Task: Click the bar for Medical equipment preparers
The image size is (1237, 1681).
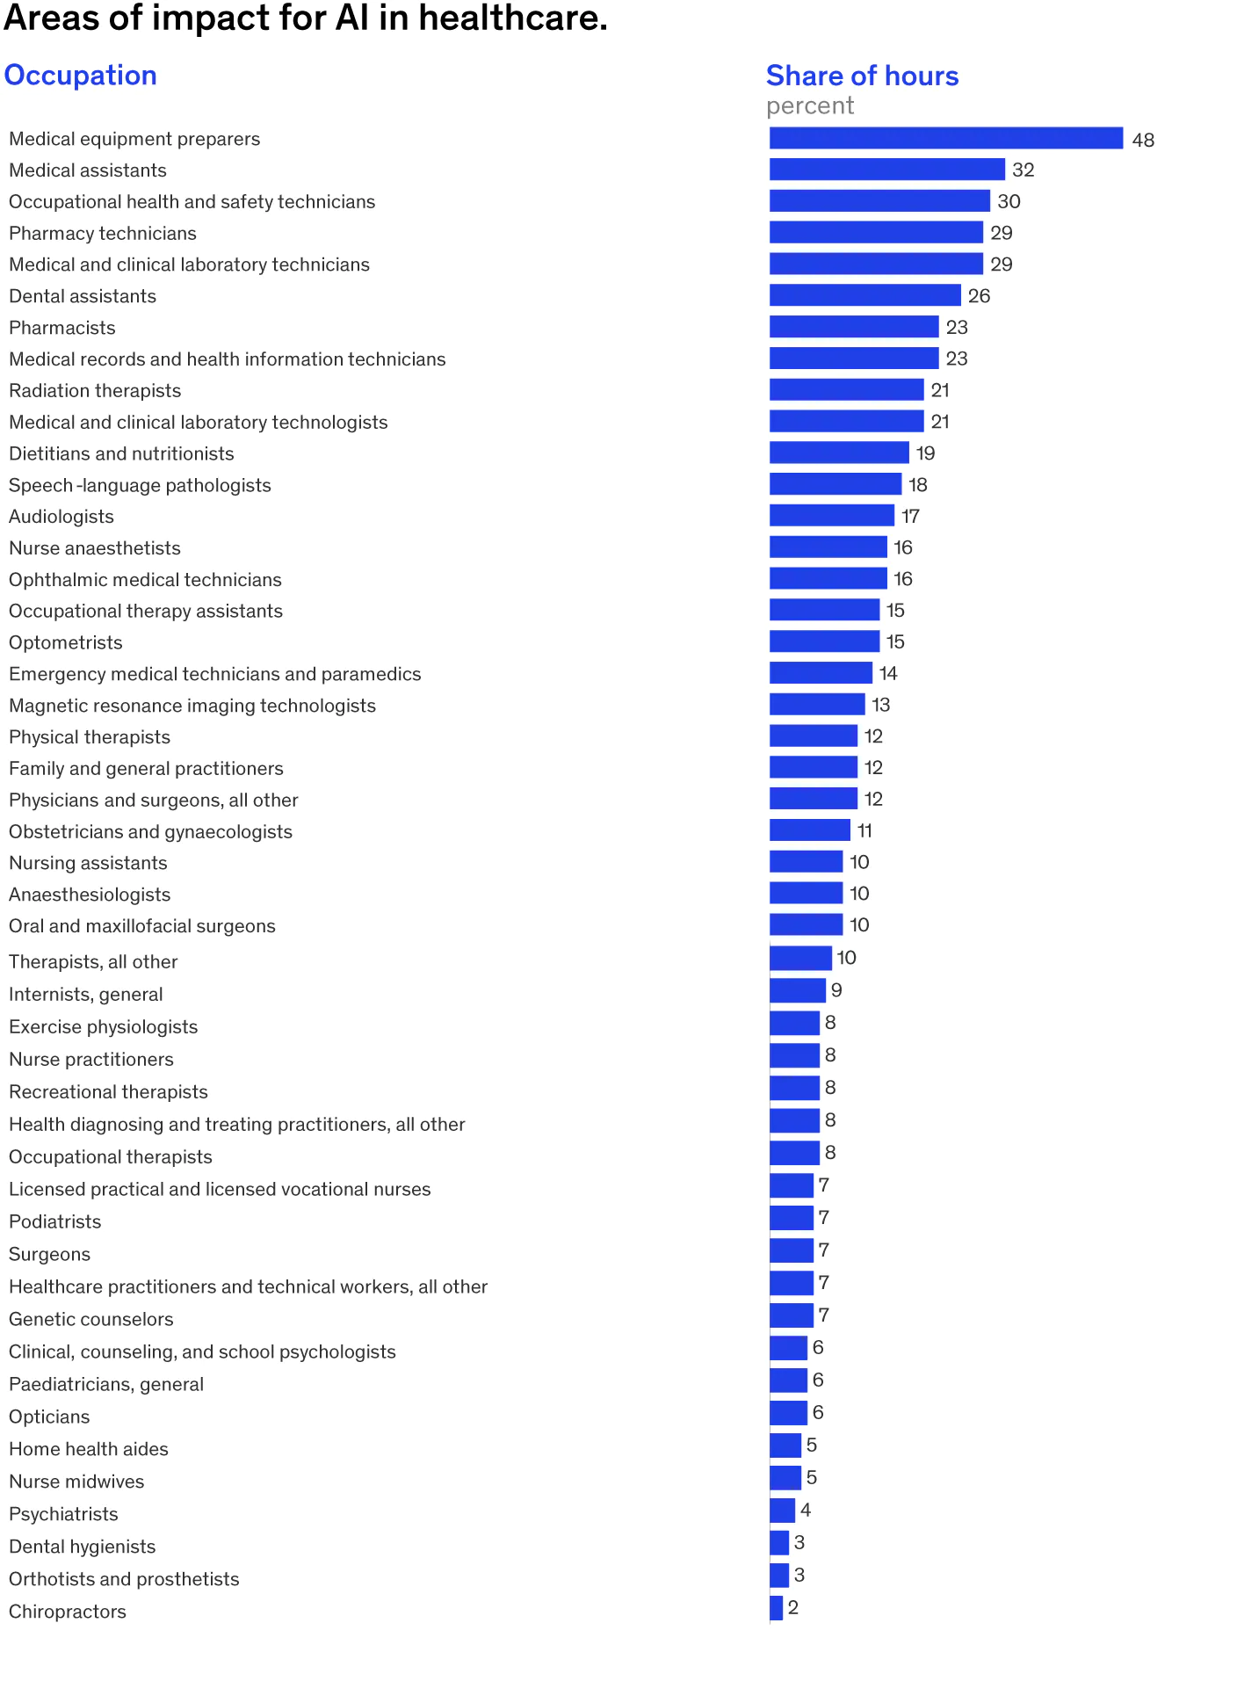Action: coord(945,139)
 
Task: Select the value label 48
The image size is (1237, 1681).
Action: coord(1142,140)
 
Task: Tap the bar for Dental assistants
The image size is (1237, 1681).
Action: coord(864,296)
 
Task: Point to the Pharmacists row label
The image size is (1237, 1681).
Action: coord(62,328)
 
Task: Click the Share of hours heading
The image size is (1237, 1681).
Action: coord(862,76)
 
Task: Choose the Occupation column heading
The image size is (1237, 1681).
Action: coord(80,76)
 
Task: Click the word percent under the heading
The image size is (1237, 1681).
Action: coord(810,106)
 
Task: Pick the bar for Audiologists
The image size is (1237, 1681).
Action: coord(831,516)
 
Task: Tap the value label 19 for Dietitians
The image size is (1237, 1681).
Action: coord(925,453)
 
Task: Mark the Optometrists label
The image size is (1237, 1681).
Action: coord(66,642)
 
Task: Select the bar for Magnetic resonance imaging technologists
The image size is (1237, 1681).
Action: coord(817,705)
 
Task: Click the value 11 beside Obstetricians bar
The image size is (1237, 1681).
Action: coord(864,830)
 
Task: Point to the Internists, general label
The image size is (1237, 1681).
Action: coord(86,995)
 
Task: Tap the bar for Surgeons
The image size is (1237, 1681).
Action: coord(792,1250)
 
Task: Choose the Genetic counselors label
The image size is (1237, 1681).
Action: coord(91,1319)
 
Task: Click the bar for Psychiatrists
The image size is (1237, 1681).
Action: coord(782,1511)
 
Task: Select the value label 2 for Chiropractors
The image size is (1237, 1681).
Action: coord(792,1607)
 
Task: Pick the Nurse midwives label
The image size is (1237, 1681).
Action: coord(76,1482)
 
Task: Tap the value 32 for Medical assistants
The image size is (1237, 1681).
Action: coord(1023,170)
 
